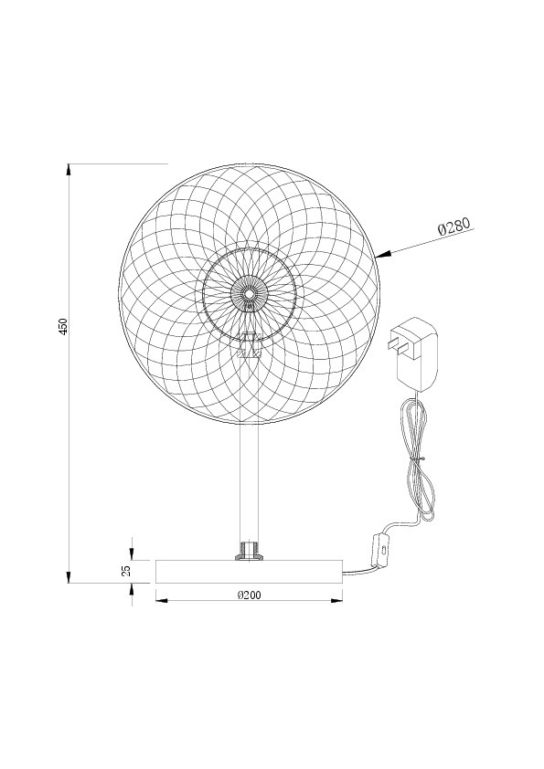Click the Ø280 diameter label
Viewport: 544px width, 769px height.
pyautogui.click(x=453, y=226)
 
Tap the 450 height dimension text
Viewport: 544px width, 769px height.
pyautogui.click(x=63, y=327)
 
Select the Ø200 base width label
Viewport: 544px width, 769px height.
pyautogui.click(x=249, y=595)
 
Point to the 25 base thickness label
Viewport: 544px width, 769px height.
pyautogui.click(x=127, y=571)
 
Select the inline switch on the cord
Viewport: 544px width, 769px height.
pyautogui.click(x=379, y=551)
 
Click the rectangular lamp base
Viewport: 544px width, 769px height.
pyautogui.click(x=249, y=572)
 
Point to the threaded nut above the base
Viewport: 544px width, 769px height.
pyautogui.click(x=249, y=552)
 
